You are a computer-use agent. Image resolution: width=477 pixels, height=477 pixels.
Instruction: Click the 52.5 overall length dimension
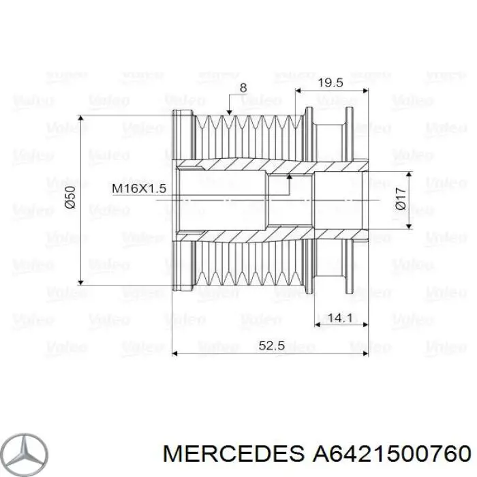point(271,346)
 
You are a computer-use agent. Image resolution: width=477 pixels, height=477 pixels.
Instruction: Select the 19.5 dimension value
point(330,82)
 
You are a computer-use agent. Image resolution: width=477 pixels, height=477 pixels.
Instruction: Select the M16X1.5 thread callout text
point(140,188)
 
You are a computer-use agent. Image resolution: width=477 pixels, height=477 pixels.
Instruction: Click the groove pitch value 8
point(243,88)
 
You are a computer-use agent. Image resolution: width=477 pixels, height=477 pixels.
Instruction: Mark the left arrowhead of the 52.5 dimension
point(176,354)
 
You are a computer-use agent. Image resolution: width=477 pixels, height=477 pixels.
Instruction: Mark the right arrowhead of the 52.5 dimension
point(366,354)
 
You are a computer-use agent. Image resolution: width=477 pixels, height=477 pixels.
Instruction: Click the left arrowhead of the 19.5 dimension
point(298,89)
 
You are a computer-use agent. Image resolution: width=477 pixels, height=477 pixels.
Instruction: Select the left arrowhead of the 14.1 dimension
point(318,324)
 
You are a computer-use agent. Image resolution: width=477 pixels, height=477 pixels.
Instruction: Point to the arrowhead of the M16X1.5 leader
point(289,176)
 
